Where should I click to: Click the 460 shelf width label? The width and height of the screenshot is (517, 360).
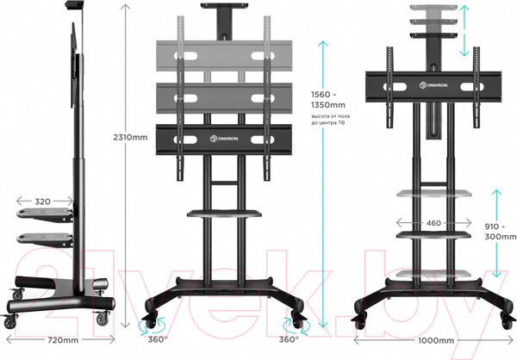(x=433, y=223)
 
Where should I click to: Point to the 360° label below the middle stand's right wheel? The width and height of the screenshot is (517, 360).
(x=287, y=339)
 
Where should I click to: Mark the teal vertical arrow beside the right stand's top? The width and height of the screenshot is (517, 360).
(x=465, y=29)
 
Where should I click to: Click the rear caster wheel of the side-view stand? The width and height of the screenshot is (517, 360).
(x=11, y=320)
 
